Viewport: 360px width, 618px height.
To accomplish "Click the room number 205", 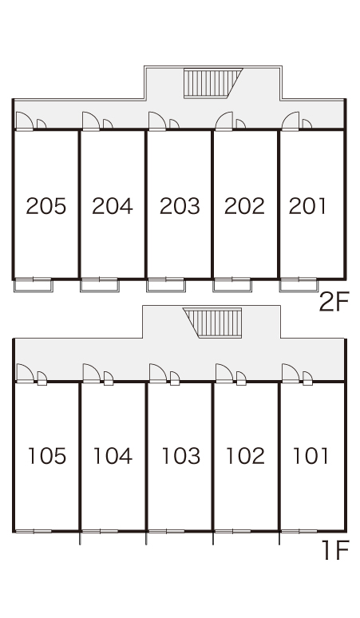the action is tap(46, 206).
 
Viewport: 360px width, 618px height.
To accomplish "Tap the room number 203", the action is tap(180, 206).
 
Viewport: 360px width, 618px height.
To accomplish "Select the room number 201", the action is tap(307, 206).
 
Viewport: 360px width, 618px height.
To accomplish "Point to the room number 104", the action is tap(113, 456).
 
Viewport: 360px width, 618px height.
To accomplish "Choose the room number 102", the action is tap(245, 456).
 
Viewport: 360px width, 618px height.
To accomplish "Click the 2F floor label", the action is tap(334, 303).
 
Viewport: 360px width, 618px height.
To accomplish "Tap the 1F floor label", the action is tap(335, 550).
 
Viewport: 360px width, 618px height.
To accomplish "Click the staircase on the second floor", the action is tap(212, 83).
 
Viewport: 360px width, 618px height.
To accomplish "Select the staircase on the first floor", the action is tap(212, 323).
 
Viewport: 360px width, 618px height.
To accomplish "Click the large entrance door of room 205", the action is tap(24, 121).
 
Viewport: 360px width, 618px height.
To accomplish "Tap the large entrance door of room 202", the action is tap(224, 121).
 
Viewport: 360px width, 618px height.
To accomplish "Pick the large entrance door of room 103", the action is tap(158, 373).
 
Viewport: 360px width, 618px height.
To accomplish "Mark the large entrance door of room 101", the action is tap(291, 373).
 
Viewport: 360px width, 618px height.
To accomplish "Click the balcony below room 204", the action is tap(100, 285).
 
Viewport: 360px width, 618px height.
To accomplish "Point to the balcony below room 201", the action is tap(299, 285).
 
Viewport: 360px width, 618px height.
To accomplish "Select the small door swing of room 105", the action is tap(42, 378).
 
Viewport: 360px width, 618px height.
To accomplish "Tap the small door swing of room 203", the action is tap(174, 124).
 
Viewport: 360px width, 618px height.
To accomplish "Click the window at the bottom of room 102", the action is tap(233, 531).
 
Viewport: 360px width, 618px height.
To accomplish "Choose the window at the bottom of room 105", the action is tap(34, 531).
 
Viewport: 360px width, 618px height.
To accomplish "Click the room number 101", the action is tap(311, 456).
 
